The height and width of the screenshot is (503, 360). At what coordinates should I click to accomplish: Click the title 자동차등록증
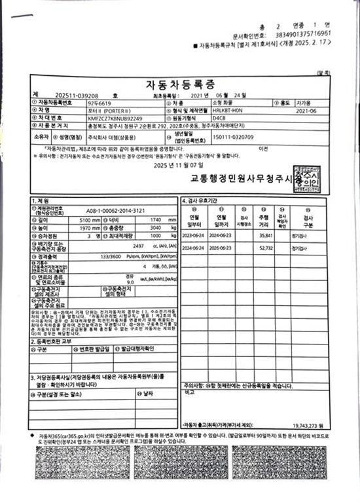180,84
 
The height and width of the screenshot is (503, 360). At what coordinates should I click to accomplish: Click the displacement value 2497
138,226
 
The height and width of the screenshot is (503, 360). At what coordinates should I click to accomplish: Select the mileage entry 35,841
265,234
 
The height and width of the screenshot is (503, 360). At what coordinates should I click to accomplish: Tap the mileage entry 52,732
265,248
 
